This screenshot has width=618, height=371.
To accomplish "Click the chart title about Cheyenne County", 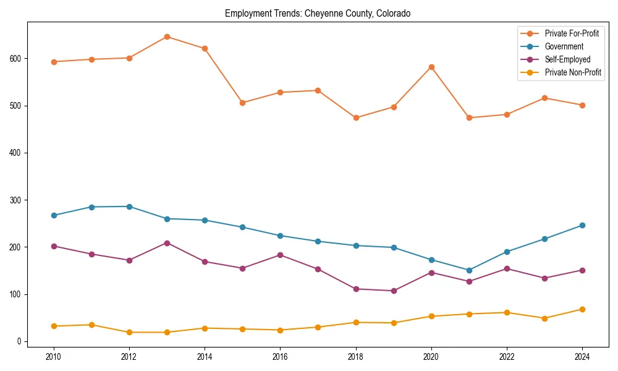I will [x=318, y=13].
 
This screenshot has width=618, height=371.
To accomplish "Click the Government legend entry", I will [x=564, y=46].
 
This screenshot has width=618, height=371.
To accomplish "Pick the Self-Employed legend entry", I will [x=567, y=59].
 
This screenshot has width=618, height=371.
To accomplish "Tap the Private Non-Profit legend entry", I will [x=573, y=72].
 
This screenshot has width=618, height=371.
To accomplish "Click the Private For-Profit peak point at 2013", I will [x=167, y=36].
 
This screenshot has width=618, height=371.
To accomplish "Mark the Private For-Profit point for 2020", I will [x=431, y=67].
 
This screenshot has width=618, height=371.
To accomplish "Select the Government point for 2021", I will [x=469, y=270].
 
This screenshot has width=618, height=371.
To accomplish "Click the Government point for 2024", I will [x=582, y=225].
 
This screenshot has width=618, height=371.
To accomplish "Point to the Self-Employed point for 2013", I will [x=167, y=243].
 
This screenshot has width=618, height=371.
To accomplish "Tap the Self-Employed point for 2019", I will [x=394, y=291].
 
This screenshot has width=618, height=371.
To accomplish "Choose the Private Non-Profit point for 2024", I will [x=582, y=309].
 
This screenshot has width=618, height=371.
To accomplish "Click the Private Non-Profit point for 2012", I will [x=129, y=332].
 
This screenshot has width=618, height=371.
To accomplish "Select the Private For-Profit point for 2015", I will [x=242, y=103].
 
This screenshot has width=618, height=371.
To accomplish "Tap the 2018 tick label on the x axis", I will [x=356, y=356].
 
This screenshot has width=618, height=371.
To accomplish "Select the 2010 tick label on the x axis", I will [x=54, y=356].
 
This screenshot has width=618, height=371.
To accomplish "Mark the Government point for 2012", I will [x=129, y=207].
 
